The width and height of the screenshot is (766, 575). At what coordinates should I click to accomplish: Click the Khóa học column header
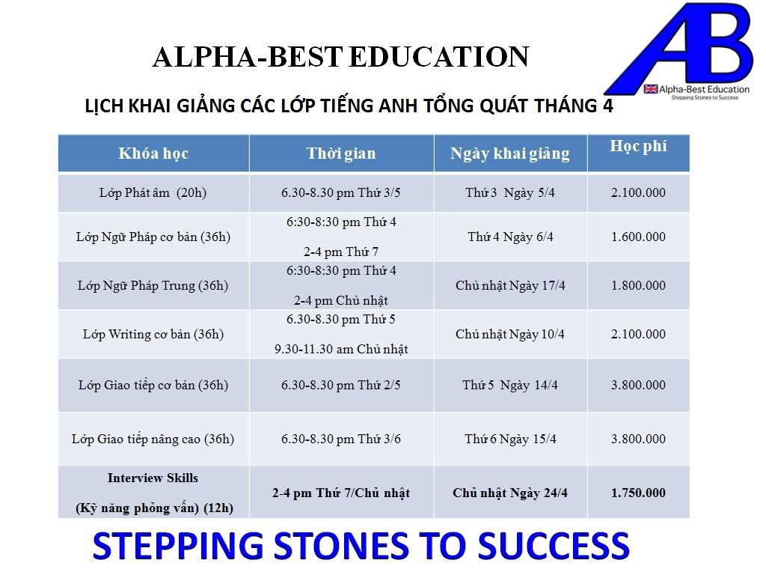[x=153, y=153]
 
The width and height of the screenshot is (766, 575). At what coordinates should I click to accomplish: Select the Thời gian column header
[x=341, y=153]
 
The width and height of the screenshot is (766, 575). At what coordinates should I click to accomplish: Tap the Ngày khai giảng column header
[x=510, y=153]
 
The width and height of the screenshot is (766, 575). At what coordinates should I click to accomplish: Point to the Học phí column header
[x=638, y=146]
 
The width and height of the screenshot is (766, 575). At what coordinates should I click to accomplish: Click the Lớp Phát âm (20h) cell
[x=153, y=192]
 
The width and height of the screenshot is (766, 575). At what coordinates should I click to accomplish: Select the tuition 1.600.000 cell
[x=638, y=237]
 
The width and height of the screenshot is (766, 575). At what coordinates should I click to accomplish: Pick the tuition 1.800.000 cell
[x=638, y=285]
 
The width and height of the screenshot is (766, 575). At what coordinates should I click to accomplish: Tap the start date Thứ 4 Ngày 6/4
[x=510, y=237]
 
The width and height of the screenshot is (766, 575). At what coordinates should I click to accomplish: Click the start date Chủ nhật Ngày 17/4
[x=510, y=285]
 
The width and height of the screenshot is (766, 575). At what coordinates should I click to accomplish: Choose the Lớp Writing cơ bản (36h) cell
[x=153, y=335]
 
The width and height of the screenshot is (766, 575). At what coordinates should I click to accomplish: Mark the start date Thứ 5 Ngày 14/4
[x=510, y=386]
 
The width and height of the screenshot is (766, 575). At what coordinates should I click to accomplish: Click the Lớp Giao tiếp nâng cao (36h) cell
[x=153, y=439]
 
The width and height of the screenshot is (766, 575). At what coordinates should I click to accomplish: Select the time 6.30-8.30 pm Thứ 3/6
[x=341, y=439]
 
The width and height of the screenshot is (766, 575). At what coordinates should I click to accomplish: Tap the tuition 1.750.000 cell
[x=638, y=493]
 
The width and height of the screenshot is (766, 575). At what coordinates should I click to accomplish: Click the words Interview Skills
[x=153, y=478]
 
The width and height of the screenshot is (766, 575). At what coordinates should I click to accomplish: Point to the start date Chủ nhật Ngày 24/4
[x=510, y=493]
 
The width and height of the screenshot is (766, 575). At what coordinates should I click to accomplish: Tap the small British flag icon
[x=650, y=89]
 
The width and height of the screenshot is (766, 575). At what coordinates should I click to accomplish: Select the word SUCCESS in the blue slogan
[x=554, y=546]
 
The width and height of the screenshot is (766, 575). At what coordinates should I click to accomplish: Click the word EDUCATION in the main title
[x=439, y=57]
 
